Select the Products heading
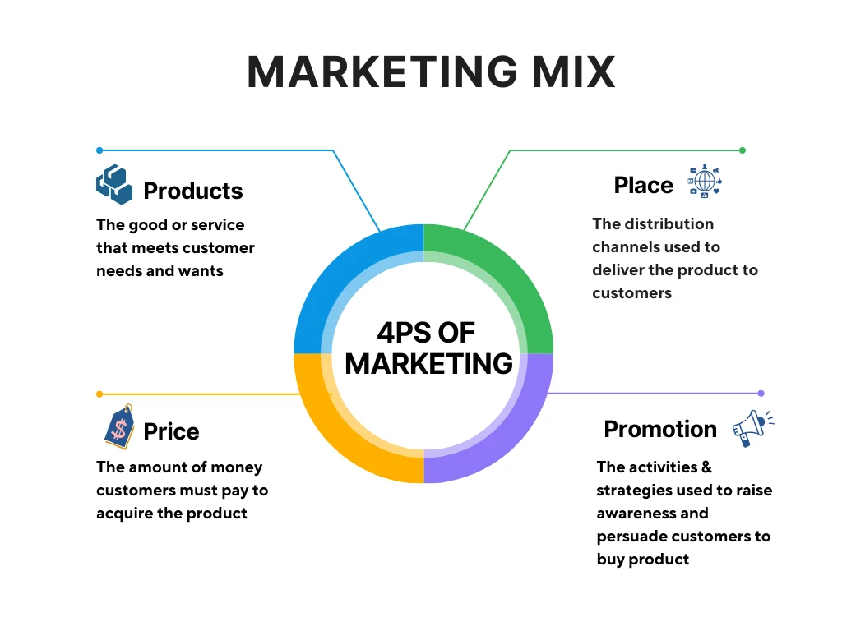point(193,191)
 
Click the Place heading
point(643,186)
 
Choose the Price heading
point(171,432)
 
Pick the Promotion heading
point(660,429)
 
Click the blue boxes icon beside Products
point(113,184)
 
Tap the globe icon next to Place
point(704,182)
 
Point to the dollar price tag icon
point(119,426)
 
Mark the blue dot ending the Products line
point(99,150)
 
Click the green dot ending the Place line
point(743,150)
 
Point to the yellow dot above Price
point(99,394)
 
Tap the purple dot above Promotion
point(761,394)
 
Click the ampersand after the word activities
point(706,467)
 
